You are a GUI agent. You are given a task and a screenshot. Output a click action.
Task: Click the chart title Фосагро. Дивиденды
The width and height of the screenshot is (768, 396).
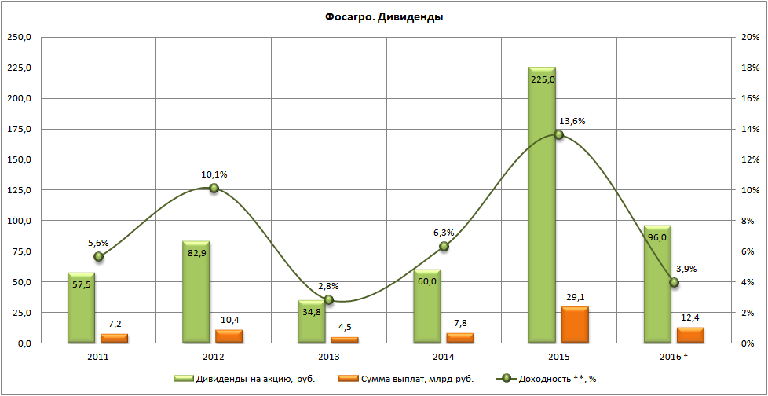[x=384, y=17]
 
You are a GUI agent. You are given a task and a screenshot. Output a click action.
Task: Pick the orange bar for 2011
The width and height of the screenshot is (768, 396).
[x=114, y=338]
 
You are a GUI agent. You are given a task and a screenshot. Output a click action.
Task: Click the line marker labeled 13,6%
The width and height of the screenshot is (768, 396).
[x=559, y=134]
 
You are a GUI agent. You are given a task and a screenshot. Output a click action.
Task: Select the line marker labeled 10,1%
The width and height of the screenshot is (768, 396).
[x=214, y=188]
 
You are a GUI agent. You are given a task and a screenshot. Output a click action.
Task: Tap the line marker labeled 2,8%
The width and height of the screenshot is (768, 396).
[x=329, y=299]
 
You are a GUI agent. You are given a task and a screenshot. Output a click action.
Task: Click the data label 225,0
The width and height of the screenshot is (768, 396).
[x=542, y=79]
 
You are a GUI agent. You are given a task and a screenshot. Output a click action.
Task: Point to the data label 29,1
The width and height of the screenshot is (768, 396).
[x=575, y=296]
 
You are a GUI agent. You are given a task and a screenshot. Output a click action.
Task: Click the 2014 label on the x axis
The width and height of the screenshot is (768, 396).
[x=444, y=357]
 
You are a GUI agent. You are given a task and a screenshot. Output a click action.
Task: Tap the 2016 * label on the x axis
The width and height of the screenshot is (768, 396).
[x=675, y=357]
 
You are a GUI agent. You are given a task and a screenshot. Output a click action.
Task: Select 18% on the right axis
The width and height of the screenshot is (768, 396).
[x=749, y=68]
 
